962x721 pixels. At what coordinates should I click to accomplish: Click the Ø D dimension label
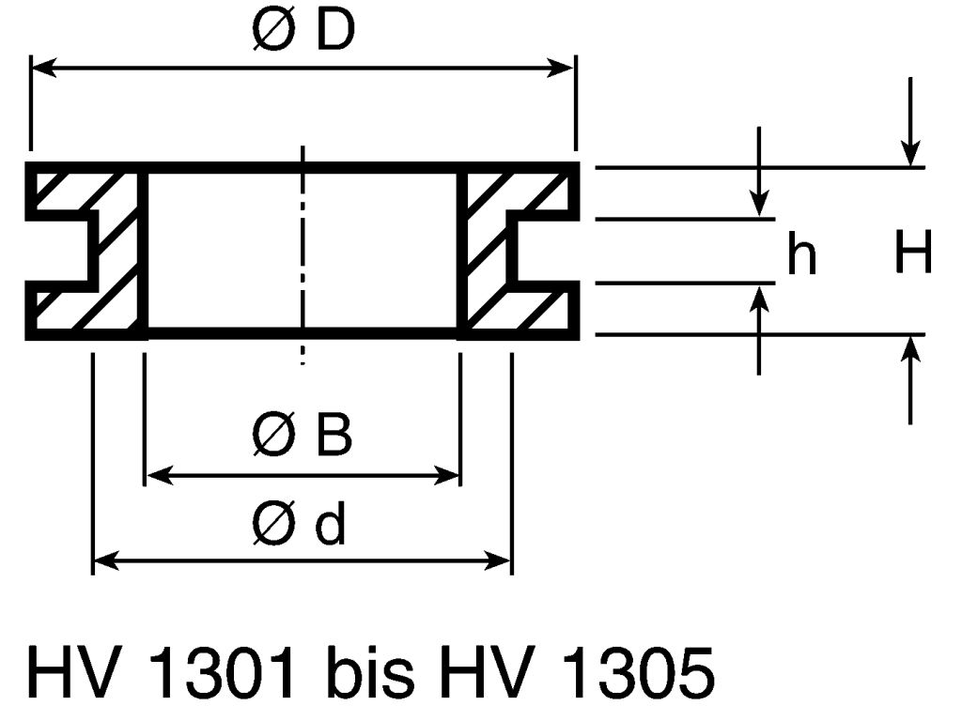tap(303, 34)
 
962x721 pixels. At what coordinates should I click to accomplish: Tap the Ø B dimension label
tap(303, 437)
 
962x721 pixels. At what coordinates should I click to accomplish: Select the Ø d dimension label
tap(300, 526)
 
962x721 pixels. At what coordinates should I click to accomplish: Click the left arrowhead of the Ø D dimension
tap(43, 68)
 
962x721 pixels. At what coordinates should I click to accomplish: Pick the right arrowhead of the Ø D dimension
tap(563, 68)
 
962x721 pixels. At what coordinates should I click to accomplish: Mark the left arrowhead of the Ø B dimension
tap(156, 475)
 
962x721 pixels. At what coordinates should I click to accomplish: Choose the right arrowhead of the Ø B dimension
tap(450, 475)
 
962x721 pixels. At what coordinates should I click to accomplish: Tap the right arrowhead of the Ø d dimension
tap(500, 561)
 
